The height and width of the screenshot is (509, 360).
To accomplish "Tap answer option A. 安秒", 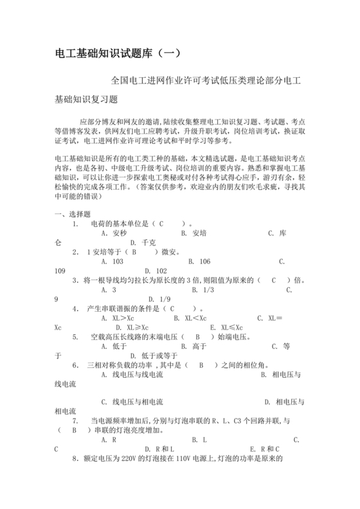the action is pyautogui.click(x=114, y=233).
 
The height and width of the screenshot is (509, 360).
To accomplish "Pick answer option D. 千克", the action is pyautogui.click(x=143, y=243).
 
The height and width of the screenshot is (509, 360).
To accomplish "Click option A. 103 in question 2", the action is pyautogui.click(x=113, y=262).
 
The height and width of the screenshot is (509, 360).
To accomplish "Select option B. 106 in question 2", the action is pyautogui.click(x=199, y=262).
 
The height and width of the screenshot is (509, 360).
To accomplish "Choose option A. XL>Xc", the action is pyautogui.click(x=118, y=318).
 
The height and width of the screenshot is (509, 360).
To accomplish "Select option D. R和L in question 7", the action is pyautogui.click(x=159, y=449).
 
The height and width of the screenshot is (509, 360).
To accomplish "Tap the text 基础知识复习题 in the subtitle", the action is pyautogui.click(x=87, y=100).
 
